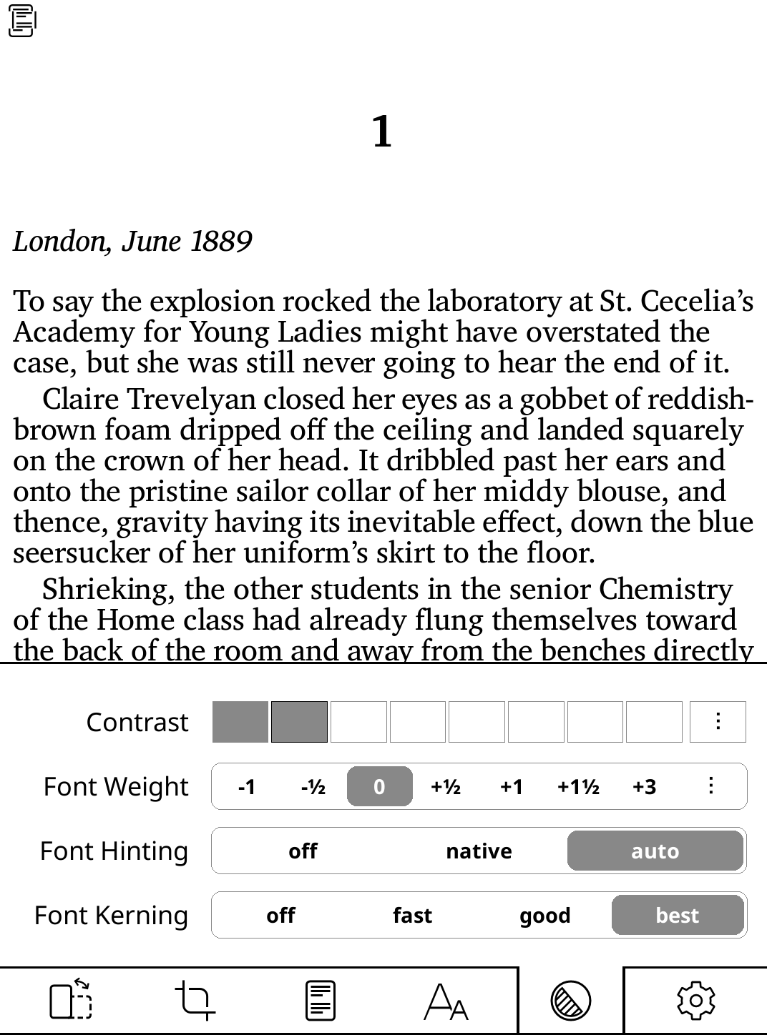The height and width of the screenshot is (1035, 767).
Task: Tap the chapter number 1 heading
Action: point(382,132)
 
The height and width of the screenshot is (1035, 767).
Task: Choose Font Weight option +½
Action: point(445,786)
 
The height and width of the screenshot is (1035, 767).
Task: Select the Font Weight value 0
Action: point(379,786)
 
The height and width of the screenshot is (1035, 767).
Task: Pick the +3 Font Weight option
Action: point(644,786)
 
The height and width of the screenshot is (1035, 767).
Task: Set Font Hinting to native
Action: point(479,851)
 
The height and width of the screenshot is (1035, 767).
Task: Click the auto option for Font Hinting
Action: point(655,851)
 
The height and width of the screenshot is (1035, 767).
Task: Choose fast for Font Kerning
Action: point(412,915)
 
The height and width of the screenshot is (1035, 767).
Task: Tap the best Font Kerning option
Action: point(677,915)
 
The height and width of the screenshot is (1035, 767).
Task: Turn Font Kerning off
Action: point(280,915)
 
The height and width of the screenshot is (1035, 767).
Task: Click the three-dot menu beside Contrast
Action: point(718,722)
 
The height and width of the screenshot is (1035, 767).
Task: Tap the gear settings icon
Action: point(695,1000)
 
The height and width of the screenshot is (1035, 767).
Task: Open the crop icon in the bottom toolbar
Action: point(195,1000)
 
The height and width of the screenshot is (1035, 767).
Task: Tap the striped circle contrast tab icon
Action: point(570,1000)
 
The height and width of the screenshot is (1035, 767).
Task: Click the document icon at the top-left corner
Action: point(21,21)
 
